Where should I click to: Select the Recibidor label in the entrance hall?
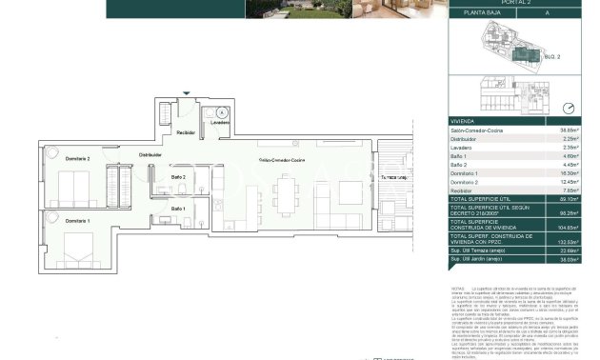point(186,132)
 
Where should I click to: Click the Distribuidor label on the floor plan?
point(150,154)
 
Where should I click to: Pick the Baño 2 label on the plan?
point(178,176)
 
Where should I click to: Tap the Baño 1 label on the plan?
point(178,208)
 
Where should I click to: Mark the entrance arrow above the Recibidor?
point(187,93)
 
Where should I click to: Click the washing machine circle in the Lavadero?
point(221,112)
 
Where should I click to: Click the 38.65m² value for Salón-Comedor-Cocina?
point(570,130)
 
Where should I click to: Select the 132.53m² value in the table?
point(569,243)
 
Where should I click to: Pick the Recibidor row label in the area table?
point(463,190)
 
